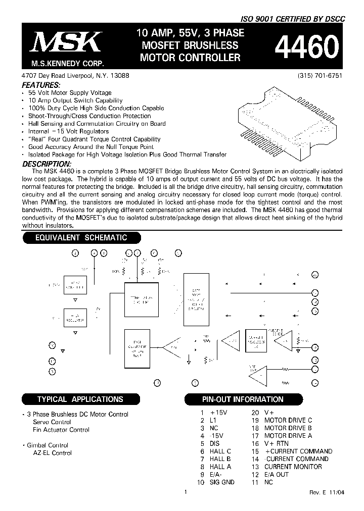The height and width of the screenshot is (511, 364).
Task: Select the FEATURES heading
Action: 42,85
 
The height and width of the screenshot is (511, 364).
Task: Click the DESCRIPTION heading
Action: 47,164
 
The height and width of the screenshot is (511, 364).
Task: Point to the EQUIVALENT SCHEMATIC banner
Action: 81,238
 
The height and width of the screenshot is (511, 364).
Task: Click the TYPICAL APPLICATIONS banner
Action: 80,399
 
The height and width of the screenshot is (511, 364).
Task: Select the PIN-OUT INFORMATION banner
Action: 243,399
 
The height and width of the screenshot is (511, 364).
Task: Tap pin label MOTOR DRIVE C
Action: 288,420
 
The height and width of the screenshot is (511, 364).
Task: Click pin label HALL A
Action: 220,467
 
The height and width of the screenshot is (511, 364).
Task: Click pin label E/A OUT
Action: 277,475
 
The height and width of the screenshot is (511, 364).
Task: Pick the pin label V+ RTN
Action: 277,443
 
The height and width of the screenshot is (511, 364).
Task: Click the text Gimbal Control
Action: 48,445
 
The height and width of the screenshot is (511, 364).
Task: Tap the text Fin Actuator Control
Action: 61,430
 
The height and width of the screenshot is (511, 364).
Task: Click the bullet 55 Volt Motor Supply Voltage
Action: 70,93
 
